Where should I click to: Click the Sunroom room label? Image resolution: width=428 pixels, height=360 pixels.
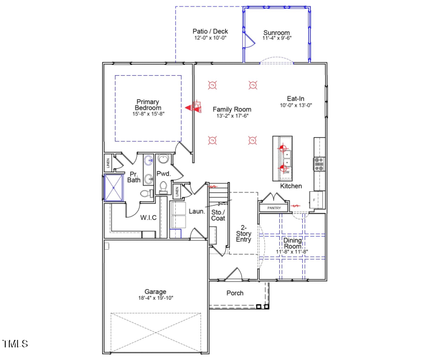click(x=276, y=33)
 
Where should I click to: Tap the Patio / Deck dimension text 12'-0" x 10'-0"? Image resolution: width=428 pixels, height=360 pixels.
click(x=210, y=38)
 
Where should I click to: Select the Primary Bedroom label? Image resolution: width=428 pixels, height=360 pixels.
click(x=148, y=104)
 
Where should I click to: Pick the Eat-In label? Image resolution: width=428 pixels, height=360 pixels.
click(x=296, y=98)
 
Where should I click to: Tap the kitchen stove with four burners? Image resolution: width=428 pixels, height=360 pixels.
click(x=319, y=164)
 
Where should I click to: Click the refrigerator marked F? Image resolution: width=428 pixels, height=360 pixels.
click(x=317, y=199)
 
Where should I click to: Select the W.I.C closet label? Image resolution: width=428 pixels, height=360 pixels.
click(x=149, y=218)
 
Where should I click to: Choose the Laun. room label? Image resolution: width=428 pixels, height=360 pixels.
click(x=197, y=211)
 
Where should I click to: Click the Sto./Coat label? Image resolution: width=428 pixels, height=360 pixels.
click(x=218, y=215)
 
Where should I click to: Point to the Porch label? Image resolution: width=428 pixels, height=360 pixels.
click(x=234, y=293)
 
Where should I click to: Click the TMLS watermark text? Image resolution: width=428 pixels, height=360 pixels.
click(x=15, y=344)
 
